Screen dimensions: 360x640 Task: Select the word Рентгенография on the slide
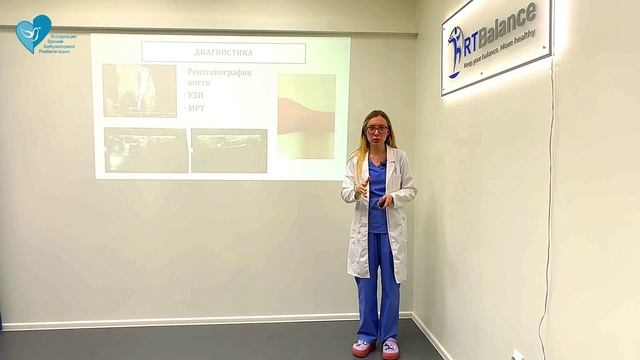tap(219, 72)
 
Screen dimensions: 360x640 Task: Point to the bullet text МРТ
tap(196, 107)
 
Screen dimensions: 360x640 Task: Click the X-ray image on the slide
tap(140, 91)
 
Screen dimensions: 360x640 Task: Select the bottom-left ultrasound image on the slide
tap(145, 150)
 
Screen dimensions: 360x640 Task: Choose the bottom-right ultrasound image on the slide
tap(228, 150)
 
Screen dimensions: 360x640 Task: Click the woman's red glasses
tap(376, 129)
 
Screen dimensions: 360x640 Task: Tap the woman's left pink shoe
tap(390, 349)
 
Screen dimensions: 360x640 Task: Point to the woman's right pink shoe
tap(361, 348)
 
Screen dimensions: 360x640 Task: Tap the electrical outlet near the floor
tap(517, 355)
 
